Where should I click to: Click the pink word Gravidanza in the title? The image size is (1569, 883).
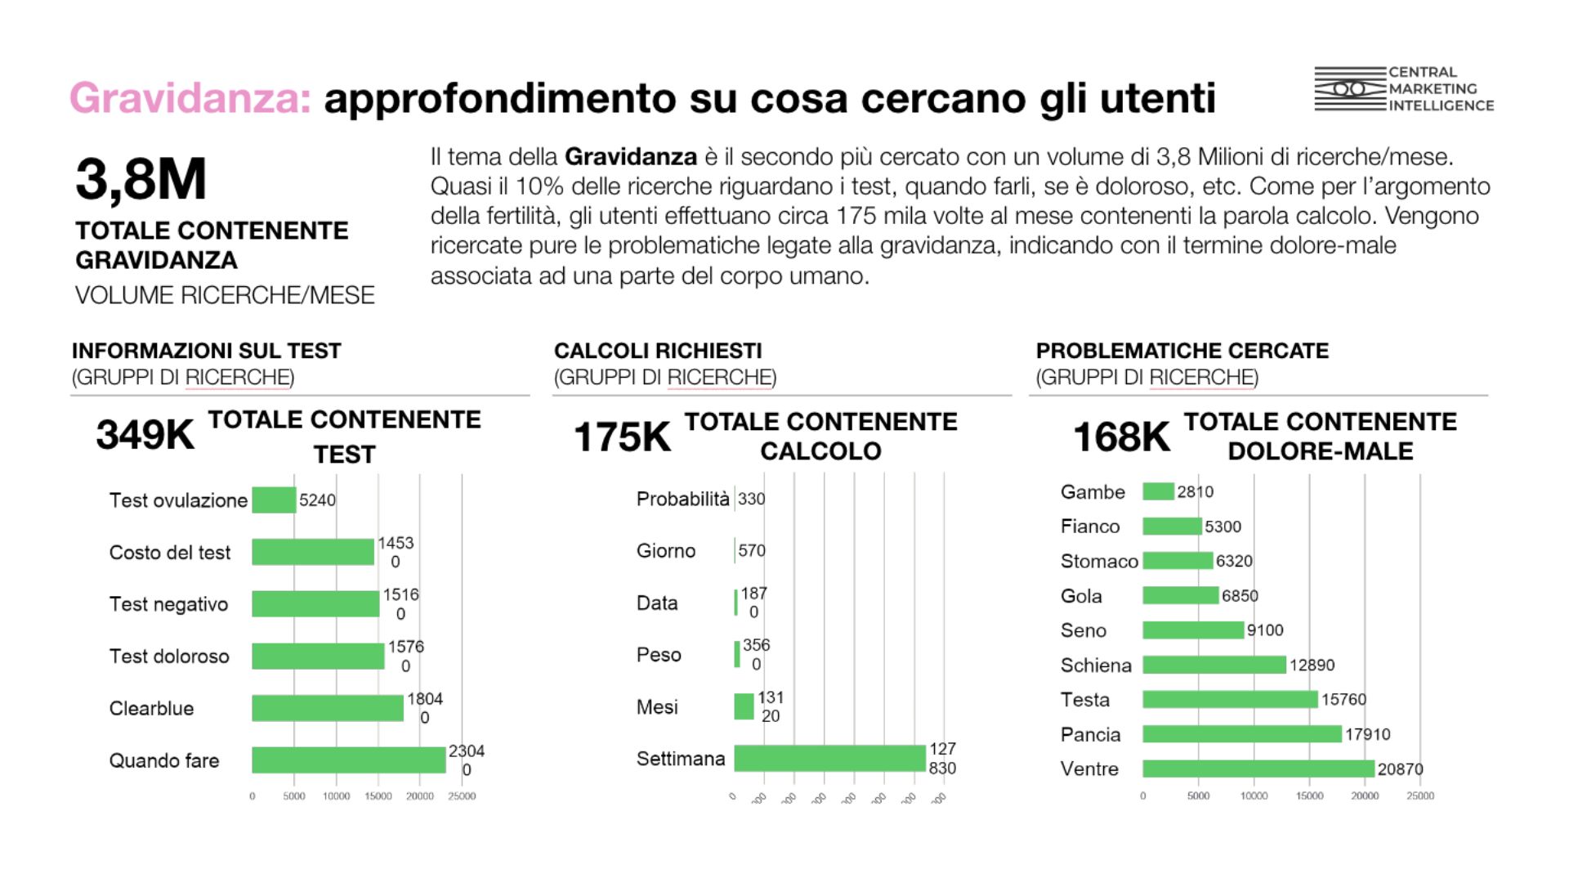(190, 98)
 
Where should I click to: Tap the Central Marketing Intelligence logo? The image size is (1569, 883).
(1403, 89)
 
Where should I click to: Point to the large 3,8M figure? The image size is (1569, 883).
(141, 179)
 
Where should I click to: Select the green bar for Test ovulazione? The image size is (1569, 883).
(274, 500)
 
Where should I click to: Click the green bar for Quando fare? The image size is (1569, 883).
(348, 760)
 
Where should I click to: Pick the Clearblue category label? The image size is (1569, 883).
(151, 708)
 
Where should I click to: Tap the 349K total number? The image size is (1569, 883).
(145, 434)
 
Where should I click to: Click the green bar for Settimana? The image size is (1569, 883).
(829, 758)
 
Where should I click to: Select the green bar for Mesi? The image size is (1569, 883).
(744, 706)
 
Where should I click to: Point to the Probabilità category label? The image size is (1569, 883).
(682, 499)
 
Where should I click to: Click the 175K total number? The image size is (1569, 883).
(622, 437)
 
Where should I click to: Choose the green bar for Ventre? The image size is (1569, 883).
(1258, 769)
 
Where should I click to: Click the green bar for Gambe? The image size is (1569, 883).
(1158, 491)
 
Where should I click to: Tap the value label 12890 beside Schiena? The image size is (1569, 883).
(1312, 665)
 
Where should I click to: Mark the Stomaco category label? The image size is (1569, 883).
(1099, 561)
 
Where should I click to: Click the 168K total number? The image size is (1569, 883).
(1121, 437)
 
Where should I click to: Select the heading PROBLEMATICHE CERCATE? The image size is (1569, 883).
(1182, 351)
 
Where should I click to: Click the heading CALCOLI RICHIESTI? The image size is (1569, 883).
(658, 351)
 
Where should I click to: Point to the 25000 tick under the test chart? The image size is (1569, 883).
(462, 796)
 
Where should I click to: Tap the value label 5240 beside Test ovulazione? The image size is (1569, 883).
(317, 500)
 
